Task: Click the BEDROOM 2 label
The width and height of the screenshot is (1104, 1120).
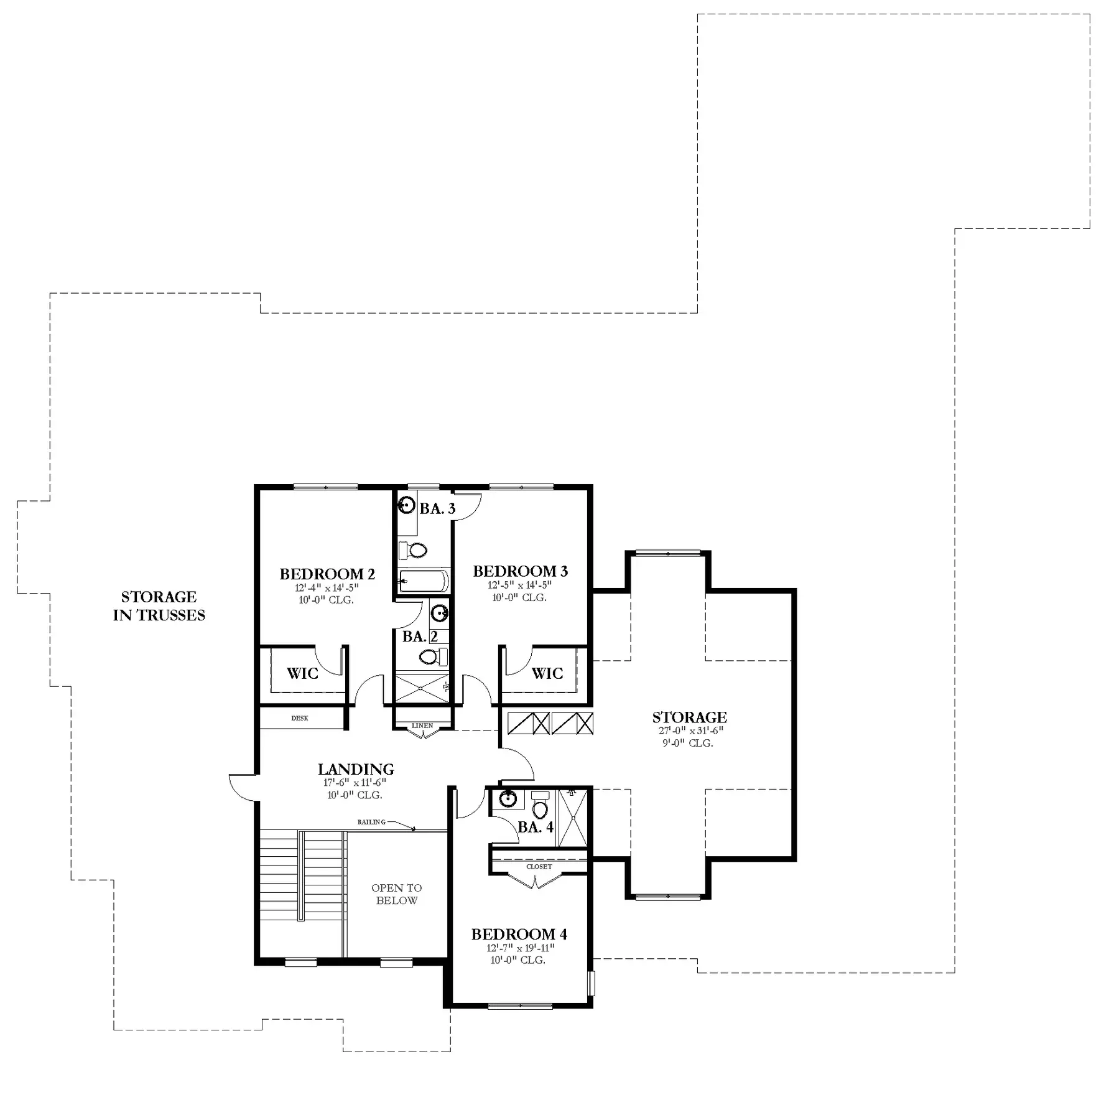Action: coord(327,574)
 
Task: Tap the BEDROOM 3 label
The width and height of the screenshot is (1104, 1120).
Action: coord(521,571)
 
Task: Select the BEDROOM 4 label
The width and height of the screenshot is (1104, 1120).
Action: coord(519,934)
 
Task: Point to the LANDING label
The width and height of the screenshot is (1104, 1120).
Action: coord(356,770)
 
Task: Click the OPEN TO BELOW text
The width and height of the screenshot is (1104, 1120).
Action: coord(397,894)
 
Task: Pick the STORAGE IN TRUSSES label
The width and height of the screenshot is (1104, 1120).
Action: coord(159,606)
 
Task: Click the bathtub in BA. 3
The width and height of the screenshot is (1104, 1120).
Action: coord(423,581)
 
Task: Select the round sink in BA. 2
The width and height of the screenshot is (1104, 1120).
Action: coord(440,613)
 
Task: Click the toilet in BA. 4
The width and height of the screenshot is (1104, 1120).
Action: coord(540,806)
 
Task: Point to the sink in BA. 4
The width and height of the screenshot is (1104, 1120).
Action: coord(509,798)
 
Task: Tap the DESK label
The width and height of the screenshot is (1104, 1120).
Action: coord(300,718)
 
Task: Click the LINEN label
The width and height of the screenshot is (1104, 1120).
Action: coord(422,726)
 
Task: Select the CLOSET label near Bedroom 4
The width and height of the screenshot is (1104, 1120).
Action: coord(539,866)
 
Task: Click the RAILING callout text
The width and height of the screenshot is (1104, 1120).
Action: coord(371,822)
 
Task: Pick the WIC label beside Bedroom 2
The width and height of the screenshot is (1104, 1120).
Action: coord(302,673)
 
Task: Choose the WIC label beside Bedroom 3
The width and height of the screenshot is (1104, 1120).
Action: coord(547,673)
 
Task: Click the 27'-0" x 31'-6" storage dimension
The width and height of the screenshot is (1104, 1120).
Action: coord(691,731)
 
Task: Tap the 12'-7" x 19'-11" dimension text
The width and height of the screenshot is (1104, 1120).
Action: coord(520,948)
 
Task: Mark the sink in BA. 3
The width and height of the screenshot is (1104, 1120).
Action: coord(406,505)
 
